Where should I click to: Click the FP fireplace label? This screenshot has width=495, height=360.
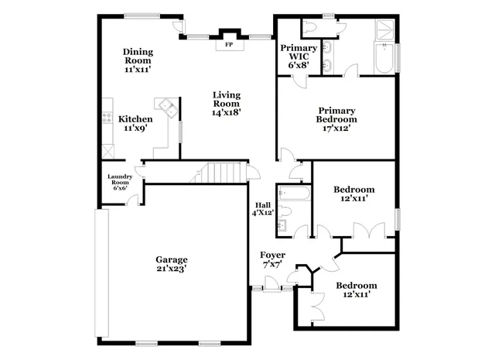pos(228,45)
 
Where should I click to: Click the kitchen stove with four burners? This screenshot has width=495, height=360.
pos(108,118)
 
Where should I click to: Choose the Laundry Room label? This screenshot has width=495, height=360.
pos(119,182)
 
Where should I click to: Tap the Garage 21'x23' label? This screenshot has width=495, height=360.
pos(172,264)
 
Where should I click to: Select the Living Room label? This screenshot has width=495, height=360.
pos(227,104)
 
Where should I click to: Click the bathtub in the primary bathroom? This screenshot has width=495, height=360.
pos(384,59)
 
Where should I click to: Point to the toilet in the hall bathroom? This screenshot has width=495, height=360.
pos(284,226)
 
